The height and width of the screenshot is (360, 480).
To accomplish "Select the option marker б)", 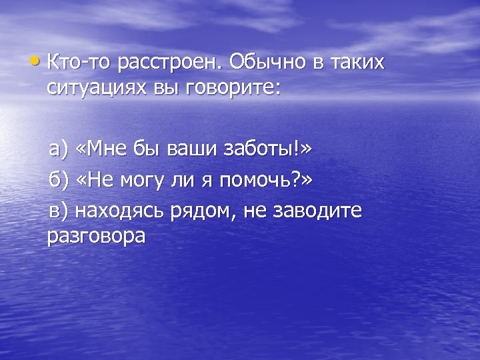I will tap(57, 180).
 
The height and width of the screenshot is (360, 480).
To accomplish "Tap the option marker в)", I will tap(57, 211).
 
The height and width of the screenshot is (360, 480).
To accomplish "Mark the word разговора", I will tap(97, 237).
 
